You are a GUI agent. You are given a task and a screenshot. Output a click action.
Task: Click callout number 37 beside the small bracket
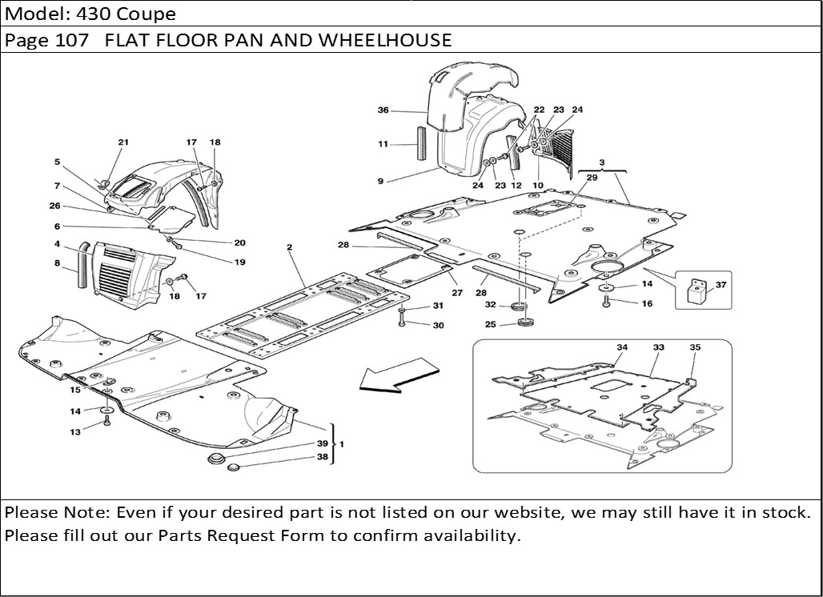[721, 285]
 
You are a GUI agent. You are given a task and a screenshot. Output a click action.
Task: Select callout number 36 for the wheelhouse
[383, 110]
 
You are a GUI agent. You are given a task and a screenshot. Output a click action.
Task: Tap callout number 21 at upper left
[122, 142]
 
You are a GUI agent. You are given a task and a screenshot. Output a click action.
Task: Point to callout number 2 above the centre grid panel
[288, 250]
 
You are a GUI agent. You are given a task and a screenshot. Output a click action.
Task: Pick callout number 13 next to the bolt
[75, 432]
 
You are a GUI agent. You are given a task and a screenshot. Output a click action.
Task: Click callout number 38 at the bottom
[322, 458]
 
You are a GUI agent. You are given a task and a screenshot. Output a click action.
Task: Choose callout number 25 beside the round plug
[491, 324]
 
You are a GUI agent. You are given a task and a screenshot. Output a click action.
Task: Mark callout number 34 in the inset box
[622, 347]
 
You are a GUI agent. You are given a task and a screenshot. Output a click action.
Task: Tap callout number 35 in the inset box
[695, 347]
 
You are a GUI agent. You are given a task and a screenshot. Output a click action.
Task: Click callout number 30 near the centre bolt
[438, 325]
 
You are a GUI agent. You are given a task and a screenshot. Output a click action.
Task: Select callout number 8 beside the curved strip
[57, 262]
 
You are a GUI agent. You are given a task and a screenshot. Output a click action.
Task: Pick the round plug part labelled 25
[527, 323]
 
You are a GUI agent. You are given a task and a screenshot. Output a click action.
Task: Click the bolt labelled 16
[608, 302]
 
